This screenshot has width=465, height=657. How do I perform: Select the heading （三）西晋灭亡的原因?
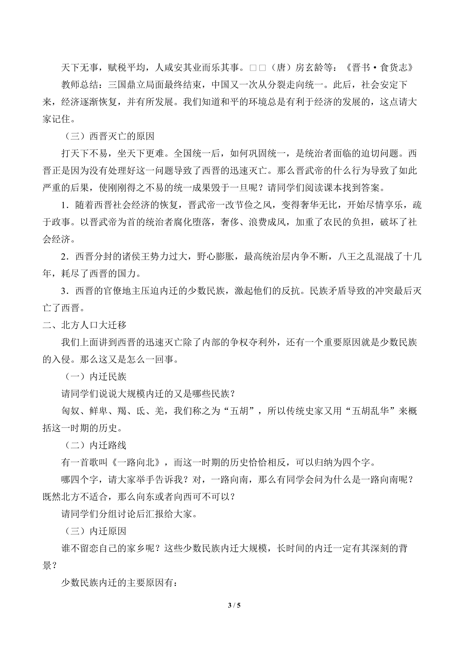point(108,136)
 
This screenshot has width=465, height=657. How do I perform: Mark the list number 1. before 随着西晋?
point(65,205)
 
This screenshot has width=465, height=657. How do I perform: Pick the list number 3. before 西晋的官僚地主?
point(65,291)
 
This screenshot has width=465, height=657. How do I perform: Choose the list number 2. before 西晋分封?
point(65,257)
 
